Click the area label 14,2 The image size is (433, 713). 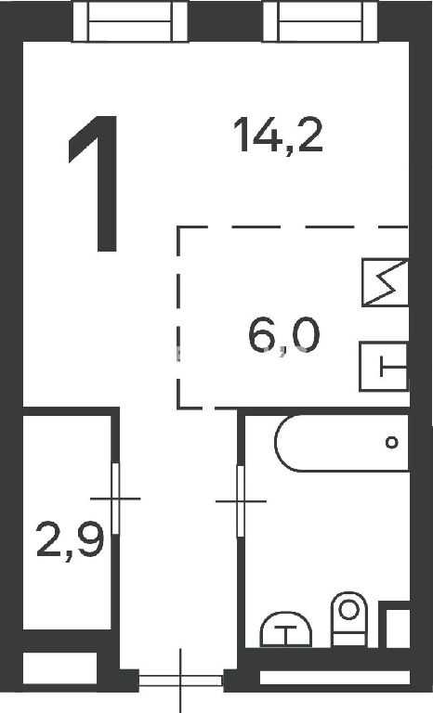(x=278, y=135)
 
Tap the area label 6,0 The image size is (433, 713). (x=284, y=335)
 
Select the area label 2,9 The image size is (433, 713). (x=71, y=540)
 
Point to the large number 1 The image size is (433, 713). (x=97, y=184)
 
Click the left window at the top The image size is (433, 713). (x=130, y=21)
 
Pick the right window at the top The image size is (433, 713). (x=321, y=21)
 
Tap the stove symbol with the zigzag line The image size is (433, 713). (x=386, y=282)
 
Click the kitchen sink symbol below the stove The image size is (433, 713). (x=384, y=367)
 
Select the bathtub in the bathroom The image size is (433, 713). (x=342, y=443)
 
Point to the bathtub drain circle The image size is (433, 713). (x=391, y=442)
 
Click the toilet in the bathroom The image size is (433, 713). (x=349, y=618)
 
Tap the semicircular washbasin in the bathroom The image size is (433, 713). (x=286, y=629)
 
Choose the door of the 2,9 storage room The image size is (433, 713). (x=115, y=499)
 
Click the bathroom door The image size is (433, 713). (x=241, y=501)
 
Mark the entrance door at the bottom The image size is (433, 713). (x=181, y=681)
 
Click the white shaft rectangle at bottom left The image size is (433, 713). (x=59, y=668)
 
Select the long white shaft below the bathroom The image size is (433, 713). (x=335, y=678)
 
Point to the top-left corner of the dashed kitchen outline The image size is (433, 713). (x=178, y=227)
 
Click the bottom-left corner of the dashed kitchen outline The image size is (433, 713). (x=178, y=406)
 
